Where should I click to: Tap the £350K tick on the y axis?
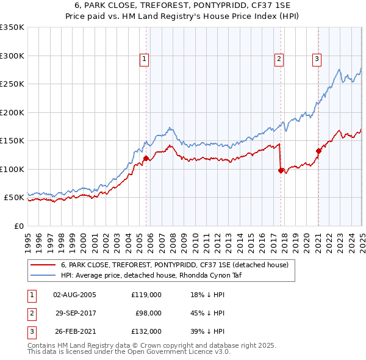coord(12,27)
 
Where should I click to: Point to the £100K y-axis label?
coord(12,169)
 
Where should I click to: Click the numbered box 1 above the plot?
coord(145,59)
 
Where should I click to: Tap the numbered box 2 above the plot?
coord(279,59)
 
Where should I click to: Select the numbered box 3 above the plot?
coord(317,59)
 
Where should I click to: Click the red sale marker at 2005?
coord(146,159)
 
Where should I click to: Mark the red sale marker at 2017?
coord(281,171)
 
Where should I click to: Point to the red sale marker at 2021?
coord(318,151)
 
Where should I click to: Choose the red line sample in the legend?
coord(43,265)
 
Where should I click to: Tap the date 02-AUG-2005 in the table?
coord(75,295)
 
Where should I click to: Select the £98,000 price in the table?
coord(148,313)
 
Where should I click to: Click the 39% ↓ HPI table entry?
coord(207,331)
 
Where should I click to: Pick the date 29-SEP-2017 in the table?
coord(76,313)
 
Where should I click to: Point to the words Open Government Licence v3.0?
coord(178,352)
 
